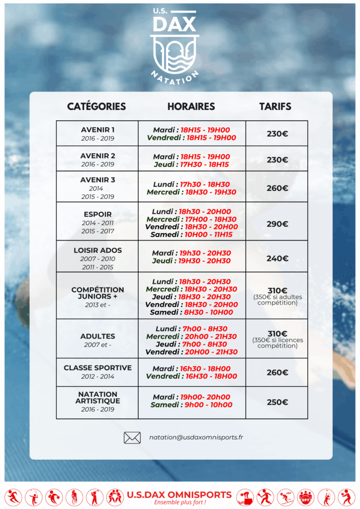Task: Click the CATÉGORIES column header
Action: [x=96, y=106]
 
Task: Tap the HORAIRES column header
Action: [x=191, y=106]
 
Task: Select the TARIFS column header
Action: [x=275, y=106]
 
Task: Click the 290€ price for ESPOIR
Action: [x=277, y=224]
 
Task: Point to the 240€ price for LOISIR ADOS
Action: [x=277, y=258]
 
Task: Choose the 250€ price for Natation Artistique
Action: [x=277, y=402]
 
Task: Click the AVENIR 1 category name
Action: [x=98, y=130]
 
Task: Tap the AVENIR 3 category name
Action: [x=98, y=180]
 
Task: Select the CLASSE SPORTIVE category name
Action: [x=98, y=368]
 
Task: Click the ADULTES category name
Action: [x=98, y=337]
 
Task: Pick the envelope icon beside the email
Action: [x=132, y=438]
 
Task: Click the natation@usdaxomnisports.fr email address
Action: [x=196, y=438]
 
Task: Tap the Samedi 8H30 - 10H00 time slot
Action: [x=191, y=313]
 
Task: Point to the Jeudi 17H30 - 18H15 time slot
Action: [x=191, y=165]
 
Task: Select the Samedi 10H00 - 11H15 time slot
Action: [x=191, y=235]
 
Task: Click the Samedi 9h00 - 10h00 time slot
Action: [x=191, y=405]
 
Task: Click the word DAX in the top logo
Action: [x=175, y=24]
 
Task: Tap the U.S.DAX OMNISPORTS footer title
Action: [x=179, y=495]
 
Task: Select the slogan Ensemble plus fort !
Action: [x=180, y=503]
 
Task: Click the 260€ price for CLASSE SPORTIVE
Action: [x=277, y=372]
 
